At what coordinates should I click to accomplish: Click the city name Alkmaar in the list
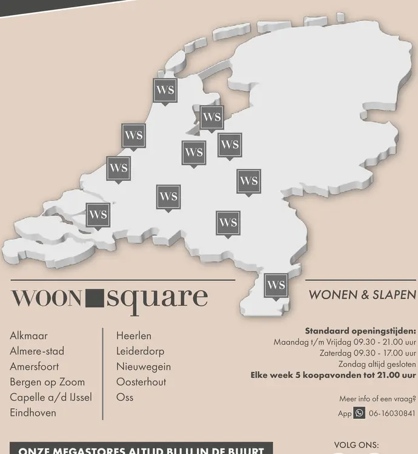(x=28, y=335)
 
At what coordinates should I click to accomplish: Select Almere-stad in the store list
(x=37, y=351)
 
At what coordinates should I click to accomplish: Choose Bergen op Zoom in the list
(x=47, y=382)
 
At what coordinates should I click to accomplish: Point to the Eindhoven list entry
(x=33, y=413)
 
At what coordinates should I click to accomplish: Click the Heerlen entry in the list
(x=134, y=335)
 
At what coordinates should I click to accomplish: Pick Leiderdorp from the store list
(x=140, y=351)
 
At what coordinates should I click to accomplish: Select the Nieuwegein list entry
(x=144, y=366)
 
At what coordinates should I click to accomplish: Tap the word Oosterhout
(x=141, y=382)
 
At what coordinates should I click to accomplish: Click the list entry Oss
(x=125, y=397)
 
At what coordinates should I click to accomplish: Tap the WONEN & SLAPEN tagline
(x=362, y=295)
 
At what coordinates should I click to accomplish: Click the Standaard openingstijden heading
(x=360, y=331)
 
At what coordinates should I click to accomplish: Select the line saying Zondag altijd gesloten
(x=377, y=364)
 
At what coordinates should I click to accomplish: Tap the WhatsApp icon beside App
(x=359, y=413)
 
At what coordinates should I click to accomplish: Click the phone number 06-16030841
(x=392, y=413)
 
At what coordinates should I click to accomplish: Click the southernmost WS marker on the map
(x=276, y=285)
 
